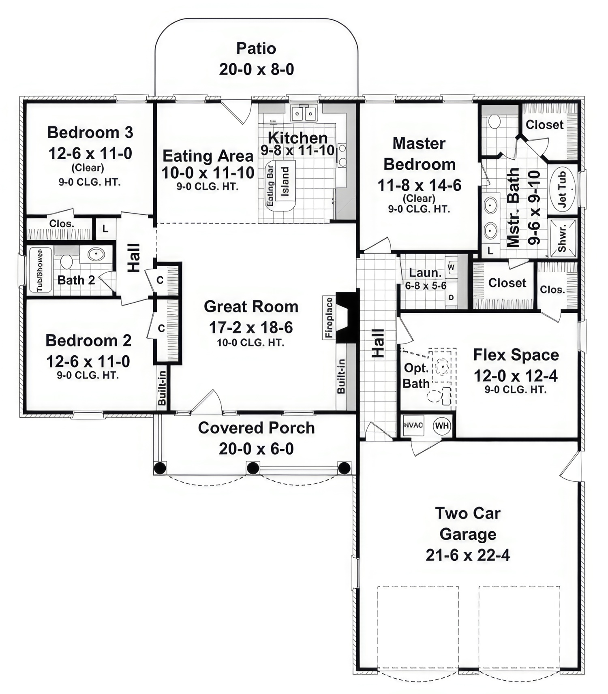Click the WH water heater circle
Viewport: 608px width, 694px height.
442,425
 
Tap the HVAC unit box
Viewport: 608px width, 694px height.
414,425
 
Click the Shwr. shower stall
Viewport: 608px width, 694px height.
562,238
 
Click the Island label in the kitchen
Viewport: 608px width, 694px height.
285,182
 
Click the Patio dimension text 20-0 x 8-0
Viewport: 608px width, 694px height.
257,70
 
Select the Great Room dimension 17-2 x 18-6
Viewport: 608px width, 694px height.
251,327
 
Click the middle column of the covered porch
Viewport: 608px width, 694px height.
253,468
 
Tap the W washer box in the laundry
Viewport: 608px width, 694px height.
451,267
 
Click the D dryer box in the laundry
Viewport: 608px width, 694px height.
451,298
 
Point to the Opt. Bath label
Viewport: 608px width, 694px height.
416,376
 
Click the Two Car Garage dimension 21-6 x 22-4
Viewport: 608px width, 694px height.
468,555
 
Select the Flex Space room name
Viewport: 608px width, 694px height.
516,355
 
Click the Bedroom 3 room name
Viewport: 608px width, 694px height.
90,132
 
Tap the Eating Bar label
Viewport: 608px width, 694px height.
270,184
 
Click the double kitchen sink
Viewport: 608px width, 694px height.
304,114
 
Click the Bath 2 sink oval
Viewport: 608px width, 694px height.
96,254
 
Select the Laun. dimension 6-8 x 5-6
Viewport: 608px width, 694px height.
426,286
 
